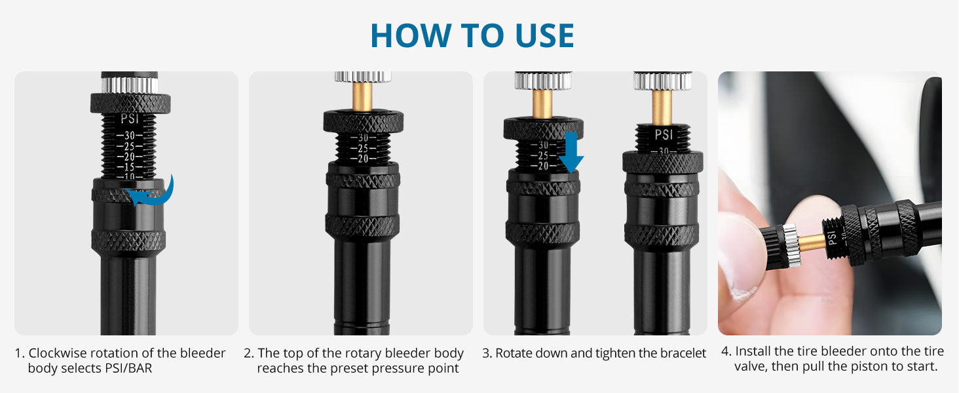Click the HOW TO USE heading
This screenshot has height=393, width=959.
click(472, 35)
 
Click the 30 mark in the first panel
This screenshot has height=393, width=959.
click(130, 136)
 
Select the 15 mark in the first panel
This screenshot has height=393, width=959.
click(130, 168)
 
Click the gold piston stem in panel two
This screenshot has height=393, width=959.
click(363, 97)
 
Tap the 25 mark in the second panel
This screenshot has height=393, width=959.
click(363, 148)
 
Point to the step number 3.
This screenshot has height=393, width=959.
click(486, 353)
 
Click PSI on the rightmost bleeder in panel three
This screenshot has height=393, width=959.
click(663, 134)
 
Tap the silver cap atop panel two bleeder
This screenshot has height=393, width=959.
click(362, 76)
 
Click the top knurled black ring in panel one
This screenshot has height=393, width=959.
click(130, 103)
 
